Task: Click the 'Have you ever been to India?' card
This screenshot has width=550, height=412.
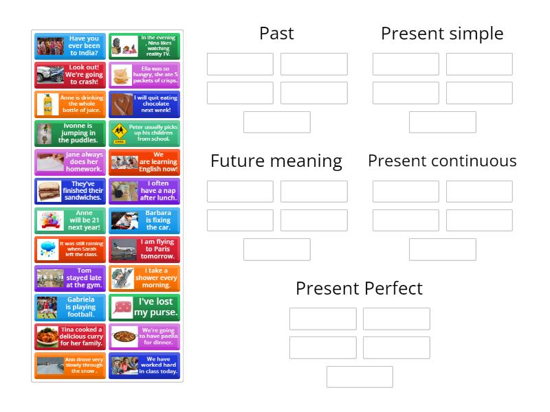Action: pos(70,46)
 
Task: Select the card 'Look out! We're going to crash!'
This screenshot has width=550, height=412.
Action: pos(70,75)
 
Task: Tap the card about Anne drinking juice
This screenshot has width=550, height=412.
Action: pos(70,104)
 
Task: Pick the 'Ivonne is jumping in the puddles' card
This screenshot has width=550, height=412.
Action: pos(70,133)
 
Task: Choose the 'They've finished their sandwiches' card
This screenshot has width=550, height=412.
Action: pos(70,191)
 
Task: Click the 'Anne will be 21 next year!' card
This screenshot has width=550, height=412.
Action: pos(70,220)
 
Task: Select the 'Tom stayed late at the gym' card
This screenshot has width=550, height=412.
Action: pos(70,278)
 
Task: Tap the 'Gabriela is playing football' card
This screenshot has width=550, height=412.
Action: pos(70,307)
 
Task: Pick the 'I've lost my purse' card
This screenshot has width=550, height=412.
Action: pos(144,307)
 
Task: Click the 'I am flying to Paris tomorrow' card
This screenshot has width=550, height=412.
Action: pos(144,249)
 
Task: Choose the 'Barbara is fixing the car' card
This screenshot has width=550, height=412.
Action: pos(144,220)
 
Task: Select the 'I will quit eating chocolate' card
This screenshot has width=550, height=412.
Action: pos(144,104)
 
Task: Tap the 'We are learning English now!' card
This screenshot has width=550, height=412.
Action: pos(144,162)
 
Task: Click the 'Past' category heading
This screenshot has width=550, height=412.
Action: pos(276,33)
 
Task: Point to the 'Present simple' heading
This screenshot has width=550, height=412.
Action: pos(442,33)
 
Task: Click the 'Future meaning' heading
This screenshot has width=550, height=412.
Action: pos(276,161)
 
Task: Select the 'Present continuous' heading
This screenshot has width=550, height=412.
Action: pos(442,161)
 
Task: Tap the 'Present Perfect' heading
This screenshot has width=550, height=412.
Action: pos(359,288)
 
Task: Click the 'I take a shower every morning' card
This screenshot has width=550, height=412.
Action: pos(144,278)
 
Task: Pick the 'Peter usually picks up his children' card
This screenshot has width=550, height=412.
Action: pos(144,133)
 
